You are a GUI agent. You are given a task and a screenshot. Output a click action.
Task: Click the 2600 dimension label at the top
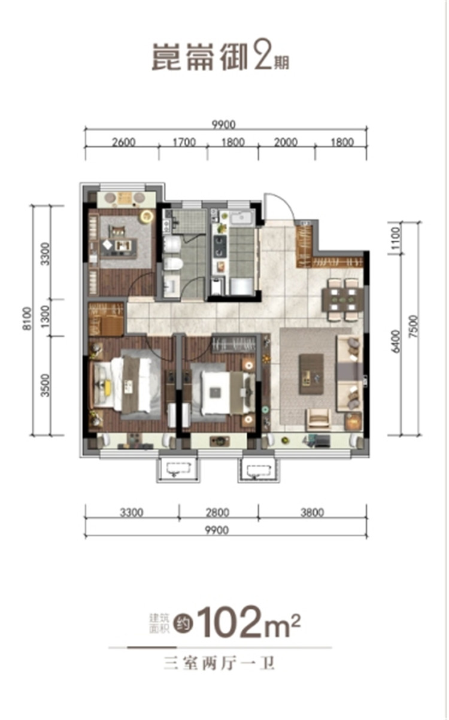click(x=124, y=142)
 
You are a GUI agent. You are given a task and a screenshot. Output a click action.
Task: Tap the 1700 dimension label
click(x=184, y=142)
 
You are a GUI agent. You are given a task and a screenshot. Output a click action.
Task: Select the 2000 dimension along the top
click(x=286, y=142)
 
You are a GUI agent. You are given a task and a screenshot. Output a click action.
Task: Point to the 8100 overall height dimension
click(x=28, y=318)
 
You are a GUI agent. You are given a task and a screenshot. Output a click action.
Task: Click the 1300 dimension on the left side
click(x=46, y=316)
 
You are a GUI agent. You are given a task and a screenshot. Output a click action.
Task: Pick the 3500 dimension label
click(x=46, y=385)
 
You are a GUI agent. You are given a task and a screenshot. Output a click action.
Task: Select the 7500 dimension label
click(x=414, y=326)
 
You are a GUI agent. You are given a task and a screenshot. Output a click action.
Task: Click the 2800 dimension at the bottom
click(x=217, y=512)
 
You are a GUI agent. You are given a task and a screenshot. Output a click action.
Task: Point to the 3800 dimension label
click(x=312, y=512)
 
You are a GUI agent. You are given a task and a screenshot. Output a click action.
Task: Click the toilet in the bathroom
click(x=173, y=264)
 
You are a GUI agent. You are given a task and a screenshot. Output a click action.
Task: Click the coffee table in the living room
click(x=311, y=374)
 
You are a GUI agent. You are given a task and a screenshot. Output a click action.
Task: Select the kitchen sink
click(x=242, y=217)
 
